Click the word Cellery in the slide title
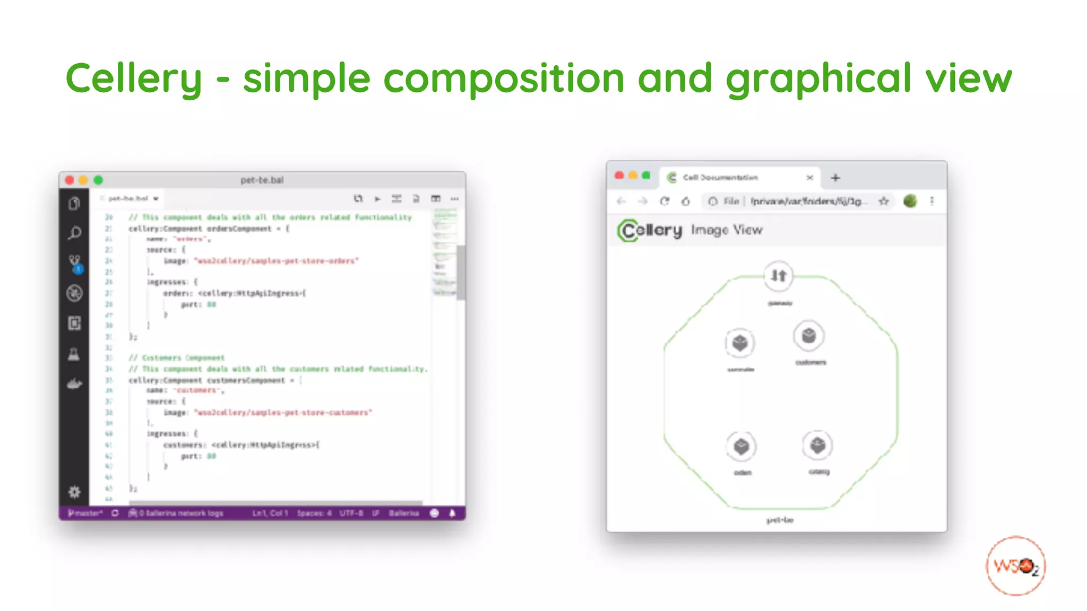[134, 78]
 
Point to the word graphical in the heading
[818, 78]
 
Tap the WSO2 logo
[1015, 566]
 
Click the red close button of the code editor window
[70, 180]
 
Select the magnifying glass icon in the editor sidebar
[75, 233]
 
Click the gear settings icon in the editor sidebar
[74, 492]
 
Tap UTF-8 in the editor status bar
[351, 513]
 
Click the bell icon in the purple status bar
[452, 513]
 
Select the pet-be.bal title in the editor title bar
[262, 180]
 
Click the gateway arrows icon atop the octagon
[779, 276]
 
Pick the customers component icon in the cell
[808, 336]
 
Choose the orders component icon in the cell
[741, 447]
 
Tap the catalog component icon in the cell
[817, 446]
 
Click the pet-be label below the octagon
[780, 520]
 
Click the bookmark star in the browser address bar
[884, 201]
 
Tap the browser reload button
[665, 201]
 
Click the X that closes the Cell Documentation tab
[810, 178]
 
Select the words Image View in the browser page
[727, 230]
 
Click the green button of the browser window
[646, 176]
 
